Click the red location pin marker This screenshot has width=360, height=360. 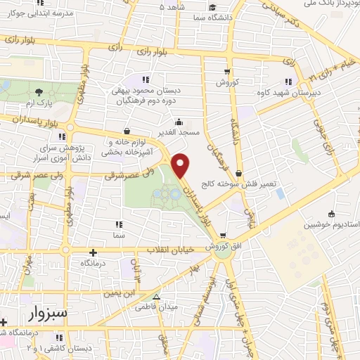tap(181, 166)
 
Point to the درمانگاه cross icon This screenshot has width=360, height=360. tap(93, 252)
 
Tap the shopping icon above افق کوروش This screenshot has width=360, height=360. tap(222, 235)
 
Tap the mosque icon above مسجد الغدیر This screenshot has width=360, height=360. tap(180, 120)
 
